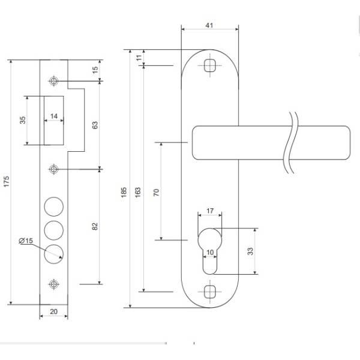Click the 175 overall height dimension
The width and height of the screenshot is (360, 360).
[7, 182]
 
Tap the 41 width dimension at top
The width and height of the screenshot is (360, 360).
[209, 25]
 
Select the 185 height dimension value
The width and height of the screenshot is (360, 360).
[124, 191]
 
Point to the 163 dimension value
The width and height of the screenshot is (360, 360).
[139, 191]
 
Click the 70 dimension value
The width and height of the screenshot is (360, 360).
[157, 191]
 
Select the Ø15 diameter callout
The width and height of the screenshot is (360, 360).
[26, 240]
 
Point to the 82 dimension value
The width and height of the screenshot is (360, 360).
[95, 226]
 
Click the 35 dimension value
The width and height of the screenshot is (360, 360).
[23, 119]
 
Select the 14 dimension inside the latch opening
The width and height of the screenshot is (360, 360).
[54, 116]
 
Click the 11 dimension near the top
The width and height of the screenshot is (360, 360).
[139, 58]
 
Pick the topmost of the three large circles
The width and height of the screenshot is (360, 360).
[54, 206]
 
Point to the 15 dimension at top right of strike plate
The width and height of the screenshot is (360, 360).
[95, 70]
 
